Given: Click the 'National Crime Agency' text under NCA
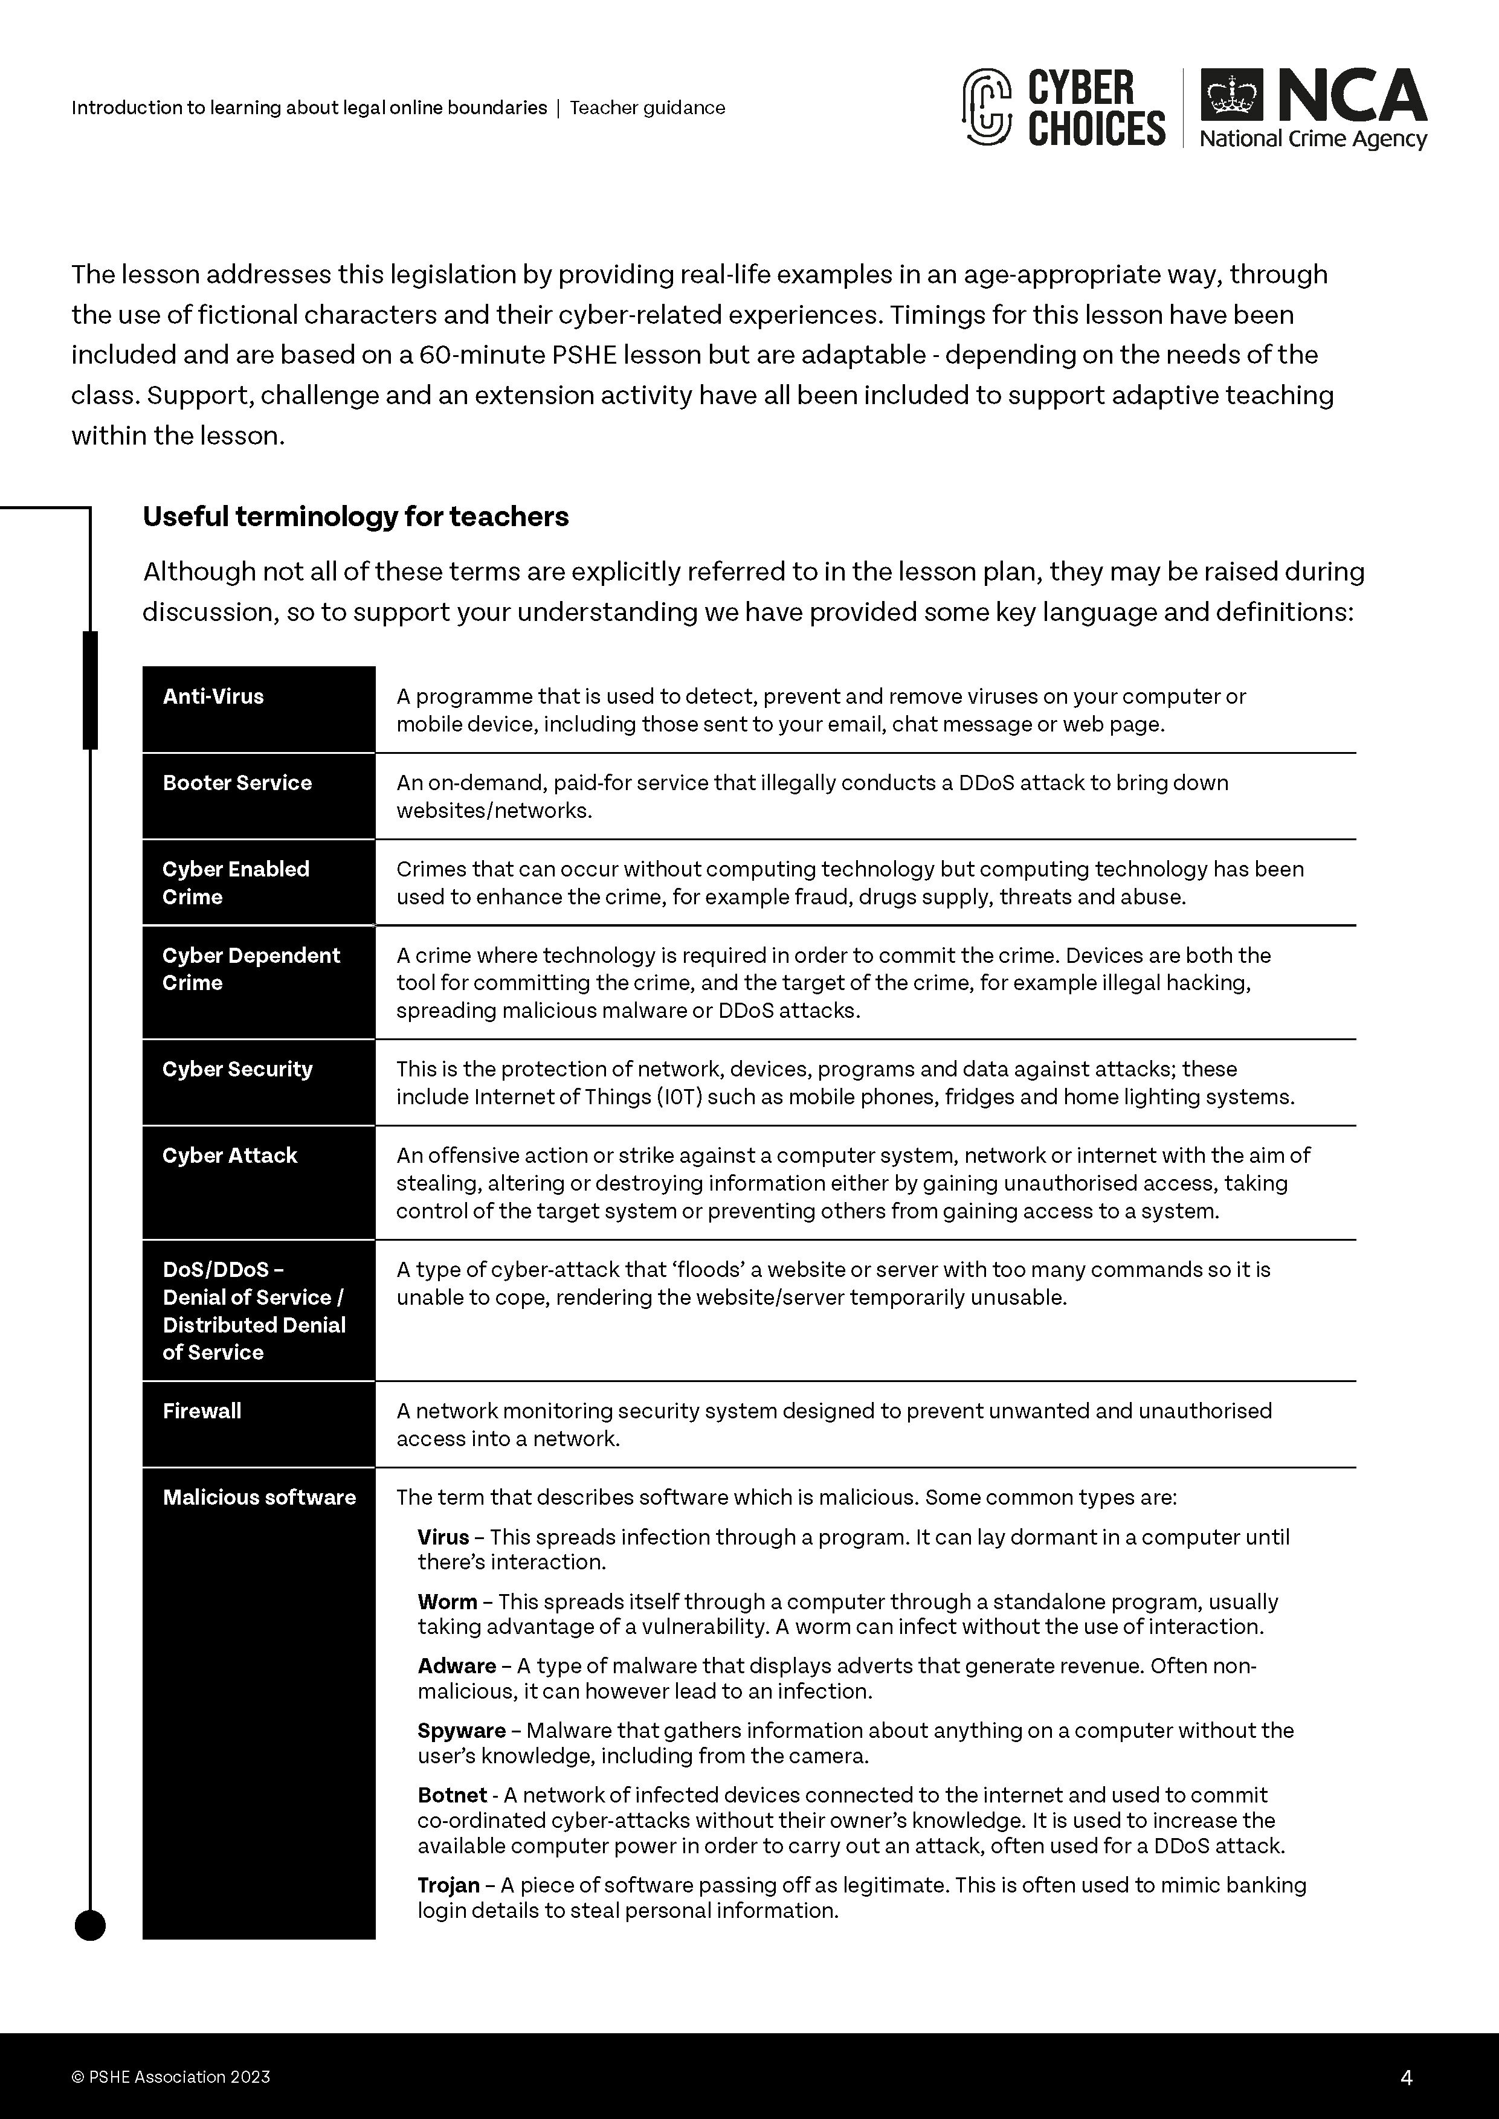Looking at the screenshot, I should (1312, 140).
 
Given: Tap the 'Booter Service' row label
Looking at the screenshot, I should (237, 783).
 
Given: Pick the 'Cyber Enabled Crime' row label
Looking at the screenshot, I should (236, 883).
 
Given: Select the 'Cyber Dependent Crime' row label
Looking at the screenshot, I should (251, 969).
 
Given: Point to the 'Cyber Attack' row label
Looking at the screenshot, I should (230, 1156).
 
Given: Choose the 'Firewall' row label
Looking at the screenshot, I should (202, 1410).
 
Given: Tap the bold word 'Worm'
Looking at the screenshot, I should (446, 1601).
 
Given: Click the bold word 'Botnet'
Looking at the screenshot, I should (451, 1795).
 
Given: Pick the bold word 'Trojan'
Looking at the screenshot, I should (448, 1885).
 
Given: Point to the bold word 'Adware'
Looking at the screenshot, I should (457, 1666).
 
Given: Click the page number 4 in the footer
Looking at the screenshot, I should (1407, 2077).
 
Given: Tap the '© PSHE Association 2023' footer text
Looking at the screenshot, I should (171, 2077).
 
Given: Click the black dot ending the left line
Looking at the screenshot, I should (89, 1926).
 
